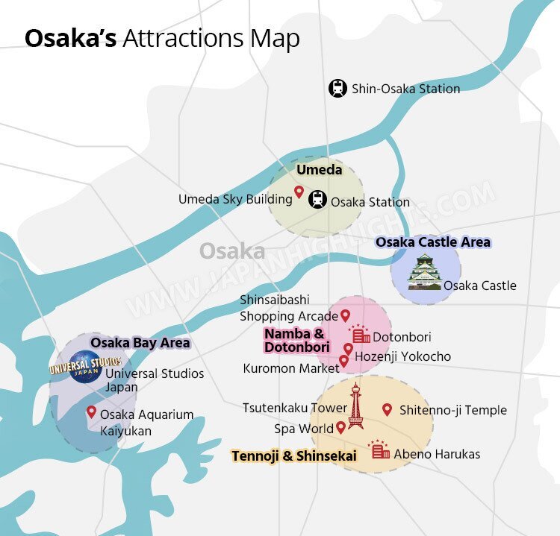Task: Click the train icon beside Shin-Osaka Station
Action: pyautogui.click(x=338, y=89)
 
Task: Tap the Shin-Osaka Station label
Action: pyautogui.click(x=406, y=89)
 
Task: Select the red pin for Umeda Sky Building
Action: pyautogui.click(x=299, y=193)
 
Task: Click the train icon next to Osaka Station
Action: pyautogui.click(x=318, y=200)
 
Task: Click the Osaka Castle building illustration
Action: pyautogui.click(x=424, y=272)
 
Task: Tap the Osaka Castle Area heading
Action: pyautogui.click(x=433, y=242)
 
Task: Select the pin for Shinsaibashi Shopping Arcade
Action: pyautogui.click(x=345, y=316)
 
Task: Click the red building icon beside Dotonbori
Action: pyautogui.click(x=361, y=335)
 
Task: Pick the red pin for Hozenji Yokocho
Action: pyautogui.click(x=348, y=349)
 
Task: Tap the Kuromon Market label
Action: pyautogui.click(x=290, y=368)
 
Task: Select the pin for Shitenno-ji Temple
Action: pyautogui.click(x=387, y=409)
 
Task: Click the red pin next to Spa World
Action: pyautogui.click(x=340, y=428)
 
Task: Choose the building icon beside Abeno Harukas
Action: pyautogui.click(x=380, y=450)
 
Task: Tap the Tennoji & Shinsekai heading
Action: pyautogui.click(x=293, y=455)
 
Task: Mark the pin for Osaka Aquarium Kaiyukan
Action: pyautogui.click(x=91, y=412)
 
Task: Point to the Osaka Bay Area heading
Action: pyautogui.click(x=140, y=343)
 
